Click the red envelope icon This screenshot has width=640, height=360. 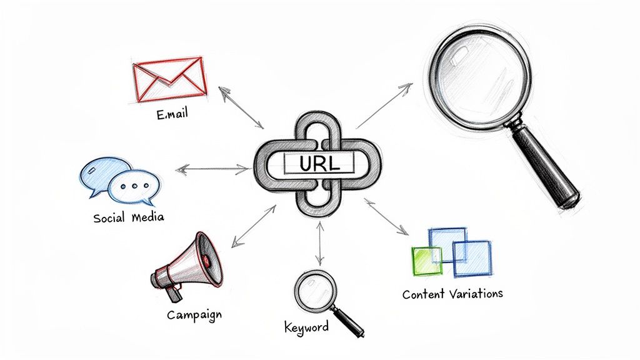point(170,79)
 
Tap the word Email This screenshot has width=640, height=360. point(172,114)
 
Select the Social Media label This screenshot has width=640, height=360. point(129,217)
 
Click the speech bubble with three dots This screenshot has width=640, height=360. point(134,187)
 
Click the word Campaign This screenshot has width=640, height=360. point(194,315)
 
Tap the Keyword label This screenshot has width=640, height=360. point(306,327)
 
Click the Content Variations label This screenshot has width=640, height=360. point(452,294)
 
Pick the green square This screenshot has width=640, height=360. point(427,261)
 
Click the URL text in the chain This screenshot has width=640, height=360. point(319,163)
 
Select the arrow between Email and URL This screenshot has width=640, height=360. point(241,107)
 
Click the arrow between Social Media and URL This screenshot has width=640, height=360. point(212,169)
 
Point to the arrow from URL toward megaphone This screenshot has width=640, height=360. point(254,226)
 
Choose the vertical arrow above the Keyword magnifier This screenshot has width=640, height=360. point(320,244)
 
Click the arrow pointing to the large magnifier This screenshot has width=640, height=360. point(384,106)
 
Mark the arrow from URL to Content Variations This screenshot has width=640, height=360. point(386,217)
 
